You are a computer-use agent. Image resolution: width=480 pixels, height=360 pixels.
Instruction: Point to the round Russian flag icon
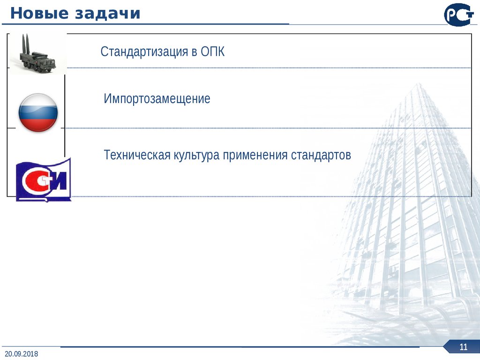click(x=38, y=112)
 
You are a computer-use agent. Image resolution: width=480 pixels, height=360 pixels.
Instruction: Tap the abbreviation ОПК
click(x=213, y=52)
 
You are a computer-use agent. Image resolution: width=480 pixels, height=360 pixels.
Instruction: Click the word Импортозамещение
click(x=157, y=99)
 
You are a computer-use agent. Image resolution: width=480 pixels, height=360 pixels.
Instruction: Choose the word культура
click(x=197, y=155)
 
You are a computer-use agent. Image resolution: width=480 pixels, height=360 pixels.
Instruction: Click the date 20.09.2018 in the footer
click(x=22, y=353)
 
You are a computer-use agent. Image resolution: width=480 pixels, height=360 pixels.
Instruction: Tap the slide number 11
click(x=464, y=347)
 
